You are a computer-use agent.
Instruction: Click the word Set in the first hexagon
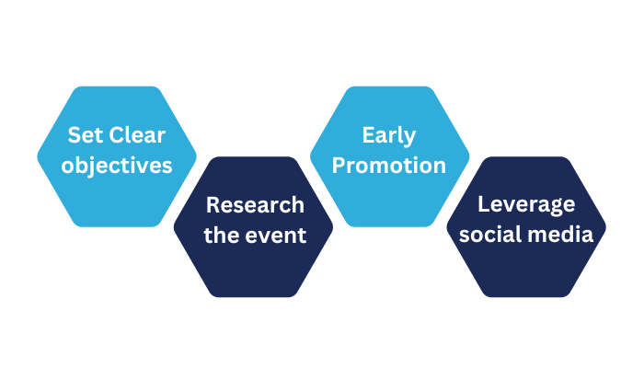[x=86, y=136]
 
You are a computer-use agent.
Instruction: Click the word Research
[x=254, y=204]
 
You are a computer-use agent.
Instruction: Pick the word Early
[x=388, y=136]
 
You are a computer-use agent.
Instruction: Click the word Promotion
[x=388, y=166]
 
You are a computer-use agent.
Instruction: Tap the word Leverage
[x=526, y=204]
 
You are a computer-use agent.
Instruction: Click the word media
[x=562, y=235]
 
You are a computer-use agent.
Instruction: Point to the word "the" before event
[x=221, y=235]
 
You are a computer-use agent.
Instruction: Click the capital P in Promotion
[x=339, y=166]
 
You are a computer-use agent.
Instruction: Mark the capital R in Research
[x=212, y=204]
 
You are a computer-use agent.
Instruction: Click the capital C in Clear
[x=115, y=136]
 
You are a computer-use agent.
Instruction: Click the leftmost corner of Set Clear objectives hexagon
[x=38, y=156]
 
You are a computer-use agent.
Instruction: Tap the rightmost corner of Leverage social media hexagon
[x=606, y=226]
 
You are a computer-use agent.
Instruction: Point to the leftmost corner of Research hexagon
[x=174, y=226]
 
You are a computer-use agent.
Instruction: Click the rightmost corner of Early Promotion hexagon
[x=469, y=156]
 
